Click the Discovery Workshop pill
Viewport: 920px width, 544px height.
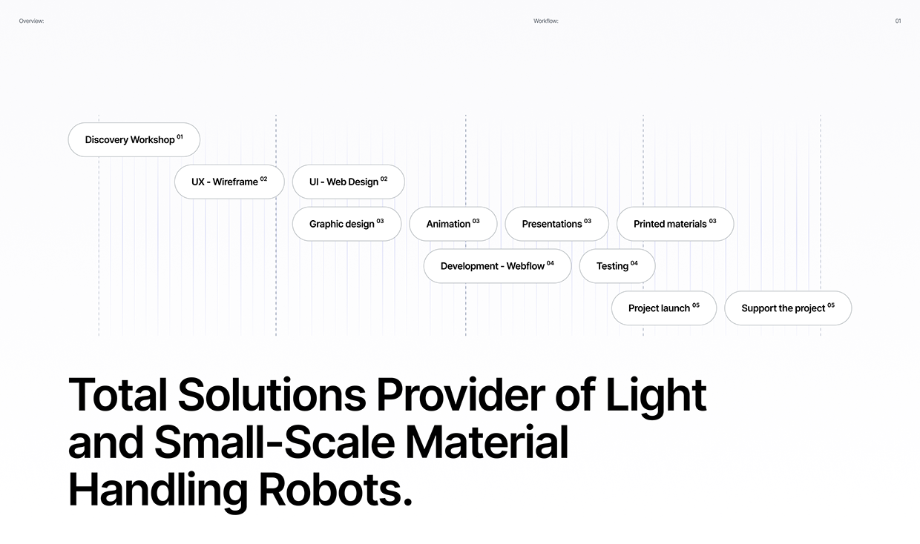coord(134,139)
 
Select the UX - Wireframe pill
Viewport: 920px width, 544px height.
coord(229,182)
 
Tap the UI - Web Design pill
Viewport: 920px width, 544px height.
coord(348,182)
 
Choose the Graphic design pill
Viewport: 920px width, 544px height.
coord(346,224)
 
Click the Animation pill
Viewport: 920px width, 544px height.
coord(453,224)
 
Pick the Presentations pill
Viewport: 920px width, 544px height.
coord(556,224)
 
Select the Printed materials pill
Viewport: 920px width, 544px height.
coord(674,224)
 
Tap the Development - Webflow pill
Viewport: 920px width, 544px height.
coord(497,266)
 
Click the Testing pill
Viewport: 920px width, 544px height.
coord(617,266)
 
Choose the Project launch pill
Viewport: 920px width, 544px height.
coord(663,308)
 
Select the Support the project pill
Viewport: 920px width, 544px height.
coord(787,308)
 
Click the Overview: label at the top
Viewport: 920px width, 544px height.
coord(31,21)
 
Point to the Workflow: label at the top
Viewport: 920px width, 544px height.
coord(545,21)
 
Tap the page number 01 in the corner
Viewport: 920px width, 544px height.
coord(898,21)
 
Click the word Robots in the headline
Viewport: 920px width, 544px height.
coord(335,490)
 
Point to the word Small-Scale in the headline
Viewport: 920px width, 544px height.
coord(274,442)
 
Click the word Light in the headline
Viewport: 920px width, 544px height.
coord(656,394)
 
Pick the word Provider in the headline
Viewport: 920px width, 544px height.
coord(459,394)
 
